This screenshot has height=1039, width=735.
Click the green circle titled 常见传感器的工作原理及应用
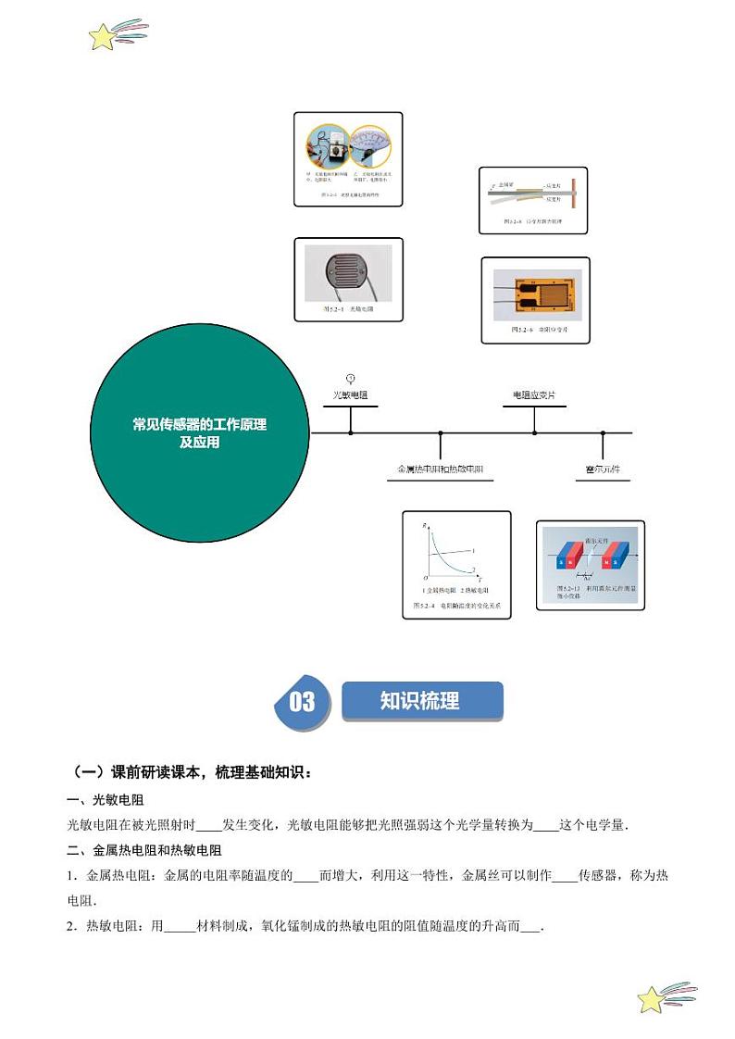pyautogui.click(x=200, y=432)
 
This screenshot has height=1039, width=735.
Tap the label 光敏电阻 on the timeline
pyautogui.click(x=350, y=395)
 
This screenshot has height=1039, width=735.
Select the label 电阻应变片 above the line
pyautogui.click(x=534, y=395)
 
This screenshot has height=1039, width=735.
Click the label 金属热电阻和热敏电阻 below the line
pyautogui.click(x=440, y=469)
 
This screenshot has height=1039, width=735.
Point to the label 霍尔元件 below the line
pyautogui.click(x=603, y=469)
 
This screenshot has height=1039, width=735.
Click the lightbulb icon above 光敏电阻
pyautogui.click(x=350, y=378)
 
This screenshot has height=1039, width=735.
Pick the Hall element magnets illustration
pyautogui.click(x=590, y=563)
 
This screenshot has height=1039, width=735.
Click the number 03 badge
pyautogui.click(x=303, y=702)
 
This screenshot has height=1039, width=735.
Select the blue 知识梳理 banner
pyautogui.click(x=421, y=701)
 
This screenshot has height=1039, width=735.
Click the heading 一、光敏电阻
pyautogui.click(x=106, y=800)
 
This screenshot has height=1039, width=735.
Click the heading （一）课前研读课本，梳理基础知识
pyautogui.click(x=193, y=771)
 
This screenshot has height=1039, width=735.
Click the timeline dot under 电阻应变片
pyautogui.click(x=534, y=432)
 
